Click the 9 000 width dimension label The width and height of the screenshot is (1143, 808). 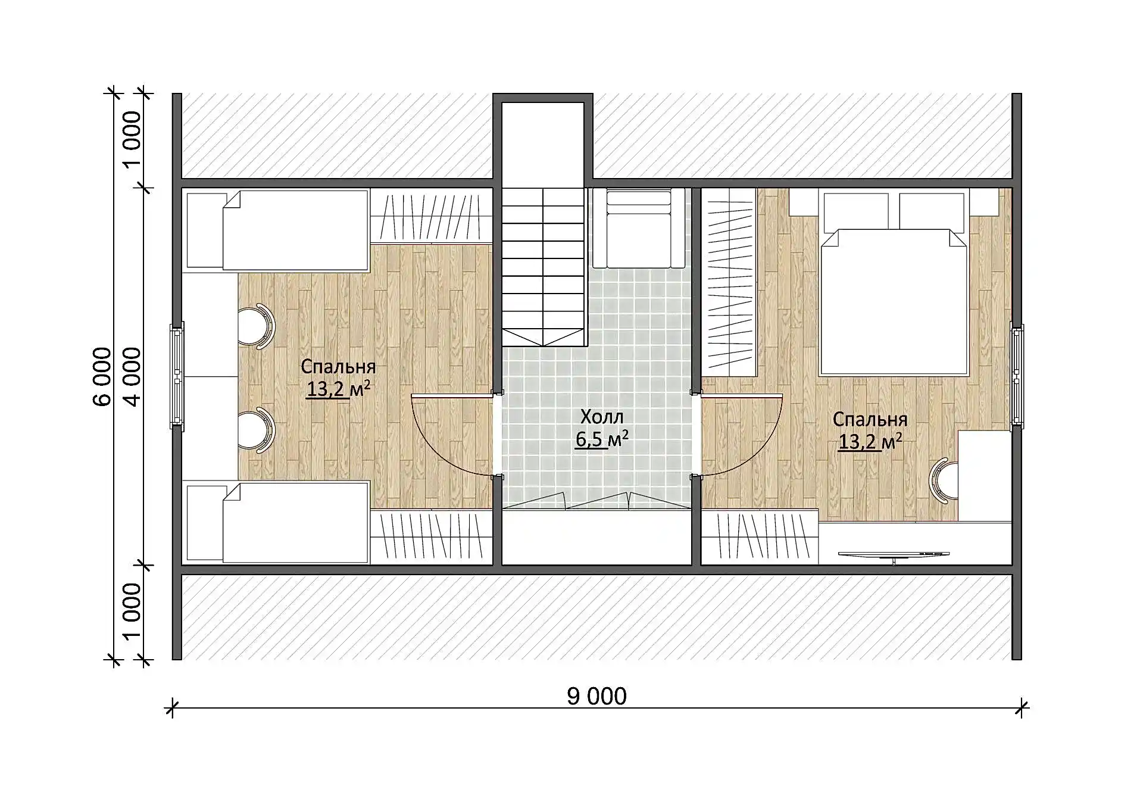pos(597,696)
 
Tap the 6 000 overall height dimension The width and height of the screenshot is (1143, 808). pos(102,377)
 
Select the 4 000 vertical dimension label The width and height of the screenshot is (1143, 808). pos(132,377)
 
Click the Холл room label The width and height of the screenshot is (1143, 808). pos(602,416)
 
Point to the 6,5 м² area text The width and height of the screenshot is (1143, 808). pos(602,439)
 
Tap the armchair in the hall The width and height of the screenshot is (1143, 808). pos(638,229)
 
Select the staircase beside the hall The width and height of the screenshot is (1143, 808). pos(542,267)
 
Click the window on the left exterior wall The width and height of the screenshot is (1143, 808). pos(177,376)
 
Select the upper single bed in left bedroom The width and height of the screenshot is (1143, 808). pos(277,230)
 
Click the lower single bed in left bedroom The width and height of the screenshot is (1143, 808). pos(277,522)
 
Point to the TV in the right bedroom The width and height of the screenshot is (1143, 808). pos(894,555)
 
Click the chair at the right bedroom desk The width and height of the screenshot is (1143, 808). pos(943,480)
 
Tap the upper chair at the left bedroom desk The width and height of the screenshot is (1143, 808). pos(256,325)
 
